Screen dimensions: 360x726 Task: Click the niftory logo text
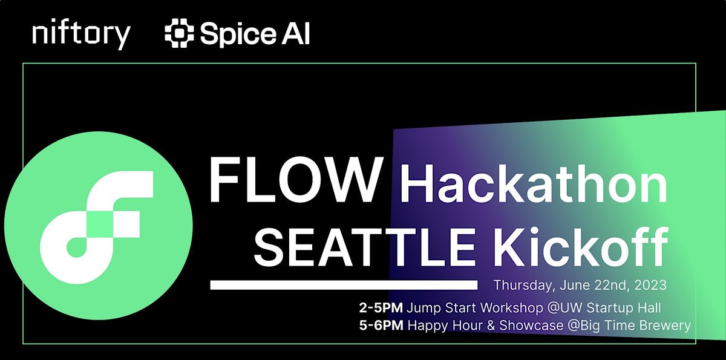click(x=81, y=34)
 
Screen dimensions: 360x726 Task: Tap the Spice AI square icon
click(x=178, y=34)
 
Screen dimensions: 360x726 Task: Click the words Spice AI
click(x=255, y=34)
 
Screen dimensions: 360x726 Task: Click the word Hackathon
click(x=532, y=183)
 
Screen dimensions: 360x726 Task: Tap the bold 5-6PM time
click(x=381, y=326)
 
